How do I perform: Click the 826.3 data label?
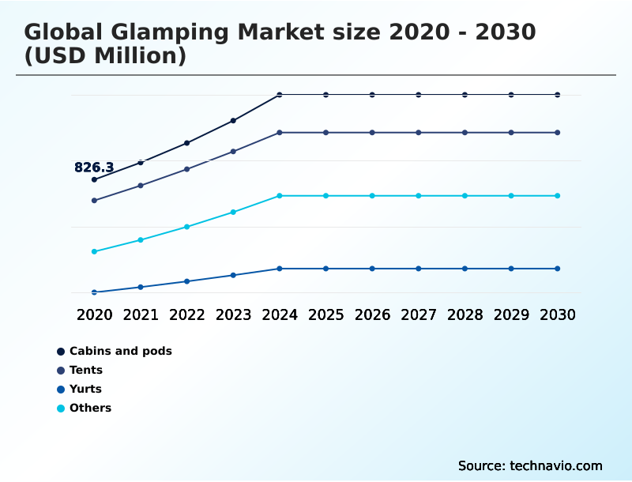94,168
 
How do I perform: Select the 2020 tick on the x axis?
94,314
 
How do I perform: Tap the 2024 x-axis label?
280,314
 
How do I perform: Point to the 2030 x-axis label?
557,314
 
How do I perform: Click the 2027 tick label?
418,314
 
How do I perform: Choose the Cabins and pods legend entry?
120,351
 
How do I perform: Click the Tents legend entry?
85,370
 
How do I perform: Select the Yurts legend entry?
85,389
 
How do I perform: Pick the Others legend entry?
90,408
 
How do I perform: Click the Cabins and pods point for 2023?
233,121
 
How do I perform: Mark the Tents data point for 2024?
280,133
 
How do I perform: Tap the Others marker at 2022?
187,227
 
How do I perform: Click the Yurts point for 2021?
141,287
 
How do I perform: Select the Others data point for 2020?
94,251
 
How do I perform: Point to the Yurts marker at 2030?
557,269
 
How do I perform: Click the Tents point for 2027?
418,133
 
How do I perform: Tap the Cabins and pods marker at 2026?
372,95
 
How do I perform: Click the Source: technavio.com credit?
530,465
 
